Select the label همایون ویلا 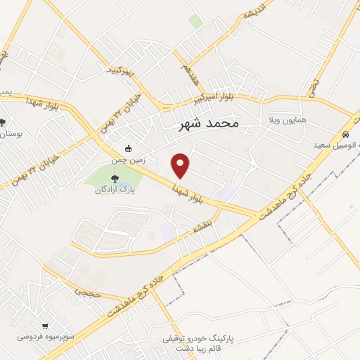(x=287, y=121)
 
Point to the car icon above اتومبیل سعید (x=345, y=134)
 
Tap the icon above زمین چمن (x=128, y=148)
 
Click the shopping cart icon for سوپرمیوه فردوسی (x=46, y=326)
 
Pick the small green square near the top (x=196, y=21)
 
